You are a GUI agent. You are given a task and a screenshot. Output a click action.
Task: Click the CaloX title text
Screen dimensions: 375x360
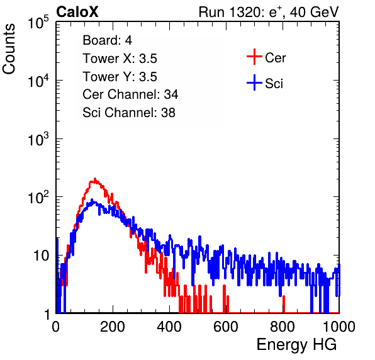(77, 12)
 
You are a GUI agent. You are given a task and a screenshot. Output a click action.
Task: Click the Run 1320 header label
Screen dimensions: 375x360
(269, 12)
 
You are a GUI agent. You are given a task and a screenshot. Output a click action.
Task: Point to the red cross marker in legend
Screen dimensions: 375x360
(254, 57)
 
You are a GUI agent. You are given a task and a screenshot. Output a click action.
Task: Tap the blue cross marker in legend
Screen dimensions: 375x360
(254, 82)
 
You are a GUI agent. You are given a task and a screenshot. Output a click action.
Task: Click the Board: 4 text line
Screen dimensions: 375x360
(107, 40)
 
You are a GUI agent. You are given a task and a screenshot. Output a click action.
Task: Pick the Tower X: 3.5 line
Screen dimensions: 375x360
(120, 59)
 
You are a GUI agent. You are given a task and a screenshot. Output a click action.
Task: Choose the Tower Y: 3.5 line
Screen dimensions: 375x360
(120, 77)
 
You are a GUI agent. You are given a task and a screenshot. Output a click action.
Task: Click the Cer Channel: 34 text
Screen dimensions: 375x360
(130, 94)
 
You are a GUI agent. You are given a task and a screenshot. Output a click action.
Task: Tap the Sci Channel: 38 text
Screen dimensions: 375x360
(129, 113)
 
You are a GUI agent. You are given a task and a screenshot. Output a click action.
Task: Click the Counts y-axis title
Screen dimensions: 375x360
(9, 49)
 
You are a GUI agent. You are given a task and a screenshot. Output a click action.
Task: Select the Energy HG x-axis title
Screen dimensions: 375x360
(296, 345)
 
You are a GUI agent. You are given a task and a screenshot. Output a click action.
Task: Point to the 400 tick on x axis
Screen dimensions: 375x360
(169, 327)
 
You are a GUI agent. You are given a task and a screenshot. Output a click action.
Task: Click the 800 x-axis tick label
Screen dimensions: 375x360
(283, 327)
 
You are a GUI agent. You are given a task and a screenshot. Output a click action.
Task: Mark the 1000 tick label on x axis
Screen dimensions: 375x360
(339, 327)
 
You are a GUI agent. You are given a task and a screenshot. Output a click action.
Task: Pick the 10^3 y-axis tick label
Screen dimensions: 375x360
(38, 138)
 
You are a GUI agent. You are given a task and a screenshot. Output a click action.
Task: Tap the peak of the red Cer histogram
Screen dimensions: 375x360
(95, 179)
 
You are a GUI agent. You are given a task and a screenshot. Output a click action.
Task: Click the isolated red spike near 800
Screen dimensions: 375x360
(284, 304)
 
